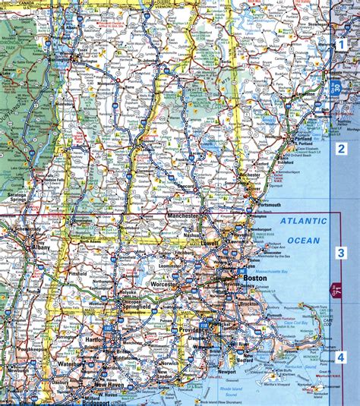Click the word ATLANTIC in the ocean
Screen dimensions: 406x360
point(302,222)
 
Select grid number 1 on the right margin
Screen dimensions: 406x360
point(342,44)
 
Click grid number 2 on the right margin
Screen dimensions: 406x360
point(342,149)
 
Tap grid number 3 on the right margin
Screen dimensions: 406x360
point(342,253)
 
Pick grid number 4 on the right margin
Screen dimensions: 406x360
point(342,357)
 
